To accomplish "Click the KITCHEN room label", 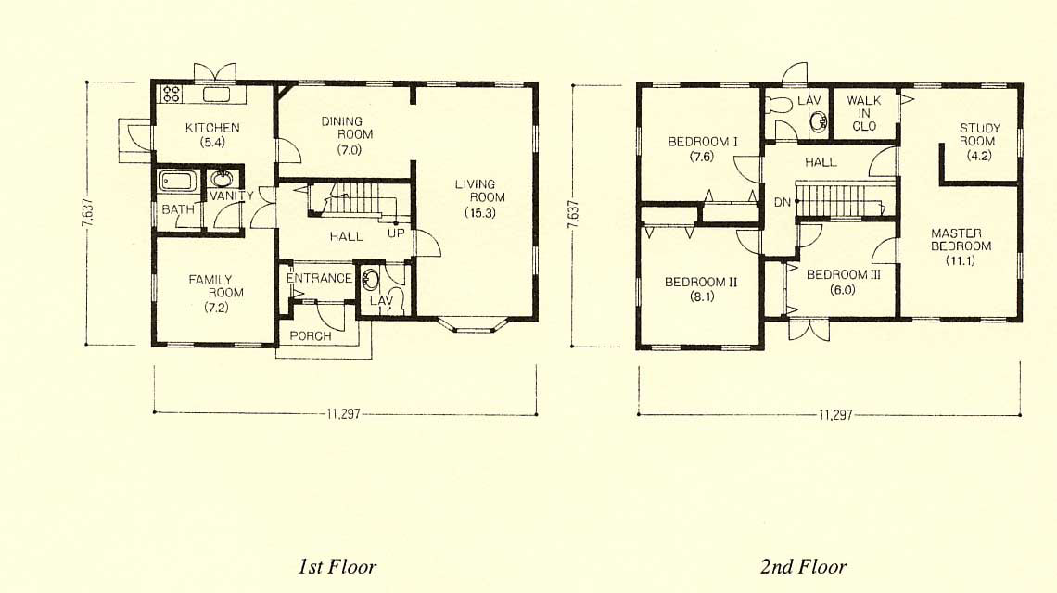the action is pyautogui.click(x=212, y=127).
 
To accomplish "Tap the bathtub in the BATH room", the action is pyautogui.click(x=178, y=182).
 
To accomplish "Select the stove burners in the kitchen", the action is pyautogui.click(x=172, y=94).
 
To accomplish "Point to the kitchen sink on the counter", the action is pyautogui.click(x=216, y=94).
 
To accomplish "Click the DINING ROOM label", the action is pyautogui.click(x=347, y=128).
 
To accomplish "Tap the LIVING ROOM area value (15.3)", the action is pyautogui.click(x=480, y=213).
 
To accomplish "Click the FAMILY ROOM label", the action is pyautogui.click(x=216, y=285).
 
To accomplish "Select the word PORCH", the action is pyautogui.click(x=311, y=335).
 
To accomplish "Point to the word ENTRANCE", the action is pyautogui.click(x=320, y=278).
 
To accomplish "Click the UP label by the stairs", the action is pyautogui.click(x=397, y=233).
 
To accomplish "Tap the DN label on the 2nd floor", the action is pyautogui.click(x=782, y=202).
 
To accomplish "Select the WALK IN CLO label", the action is pyautogui.click(x=864, y=113).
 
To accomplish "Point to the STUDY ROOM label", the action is pyautogui.click(x=979, y=134).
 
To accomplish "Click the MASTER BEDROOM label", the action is pyautogui.click(x=961, y=239).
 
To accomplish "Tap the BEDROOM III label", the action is pyautogui.click(x=844, y=275).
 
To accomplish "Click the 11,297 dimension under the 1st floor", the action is pyautogui.click(x=344, y=414).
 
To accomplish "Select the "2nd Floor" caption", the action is pyautogui.click(x=804, y=567).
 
